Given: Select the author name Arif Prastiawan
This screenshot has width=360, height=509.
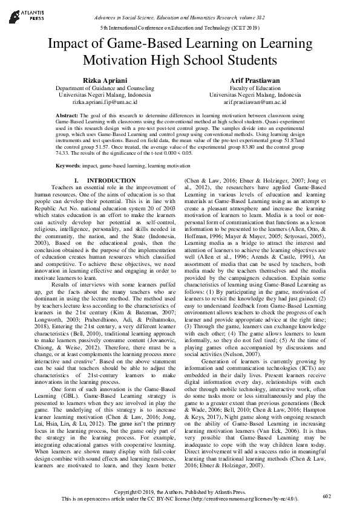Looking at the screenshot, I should pos(255,80).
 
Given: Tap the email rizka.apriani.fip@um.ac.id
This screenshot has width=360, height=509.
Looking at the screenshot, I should pos(97,103).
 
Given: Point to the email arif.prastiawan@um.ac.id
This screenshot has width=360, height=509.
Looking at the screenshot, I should pos(255,103).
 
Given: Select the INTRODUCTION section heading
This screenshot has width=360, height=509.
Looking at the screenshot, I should pos(111,181).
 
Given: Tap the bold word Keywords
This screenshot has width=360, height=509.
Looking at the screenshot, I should pos(68,165).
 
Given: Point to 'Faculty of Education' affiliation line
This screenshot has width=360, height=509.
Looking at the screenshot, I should pos(255,88).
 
